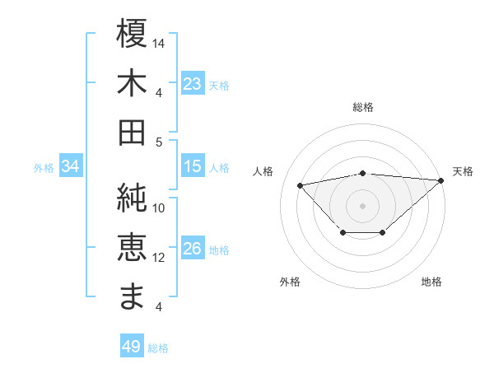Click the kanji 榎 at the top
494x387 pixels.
click(x=133, y=34)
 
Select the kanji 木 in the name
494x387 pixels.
click(x=133, y=83)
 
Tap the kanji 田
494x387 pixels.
click(x=133, y=132)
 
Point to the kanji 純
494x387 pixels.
click(x=133, y=198)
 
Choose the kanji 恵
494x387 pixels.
click(x=133, y=247)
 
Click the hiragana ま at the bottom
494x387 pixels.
click(x=133, y=296)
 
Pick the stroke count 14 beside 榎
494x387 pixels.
click(x=160, y=42)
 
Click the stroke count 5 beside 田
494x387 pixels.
click(x=160, y=142)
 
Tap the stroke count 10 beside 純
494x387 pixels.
click(x=160, y=207)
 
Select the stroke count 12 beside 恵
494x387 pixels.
click(x=160, y=257)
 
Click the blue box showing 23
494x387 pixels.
click(x=193, y=84)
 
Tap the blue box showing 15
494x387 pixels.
click(x=193, y=166)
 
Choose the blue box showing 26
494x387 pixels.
click(x=193, y=249)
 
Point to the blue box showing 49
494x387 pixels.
click(x=132, y=347)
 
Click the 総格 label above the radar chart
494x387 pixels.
click(x=363, y=107)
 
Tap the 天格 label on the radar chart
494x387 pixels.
click(x=463, y=171)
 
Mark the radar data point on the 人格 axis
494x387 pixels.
click(x=301, y=184)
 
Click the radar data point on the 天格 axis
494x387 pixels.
click(x=441, y=180)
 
